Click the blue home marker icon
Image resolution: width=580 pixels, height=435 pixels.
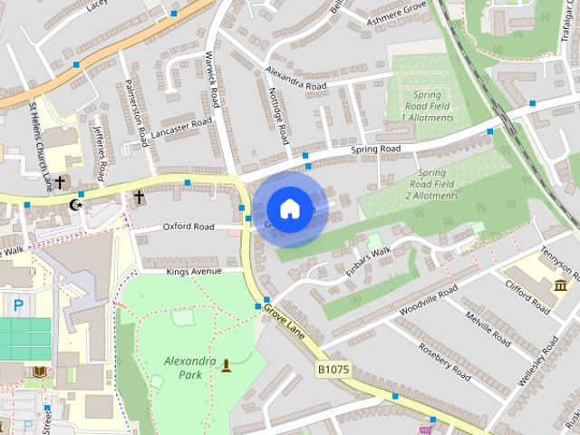tap(288, 209)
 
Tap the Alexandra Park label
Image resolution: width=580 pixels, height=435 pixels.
tap(189, 367)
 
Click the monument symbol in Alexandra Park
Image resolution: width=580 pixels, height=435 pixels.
tap(226, 365)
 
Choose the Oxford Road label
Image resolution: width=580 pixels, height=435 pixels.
tap(188, 227)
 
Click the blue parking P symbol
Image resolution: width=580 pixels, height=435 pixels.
tap(19, 306)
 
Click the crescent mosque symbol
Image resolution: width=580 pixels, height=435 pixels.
tap(76, 206)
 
